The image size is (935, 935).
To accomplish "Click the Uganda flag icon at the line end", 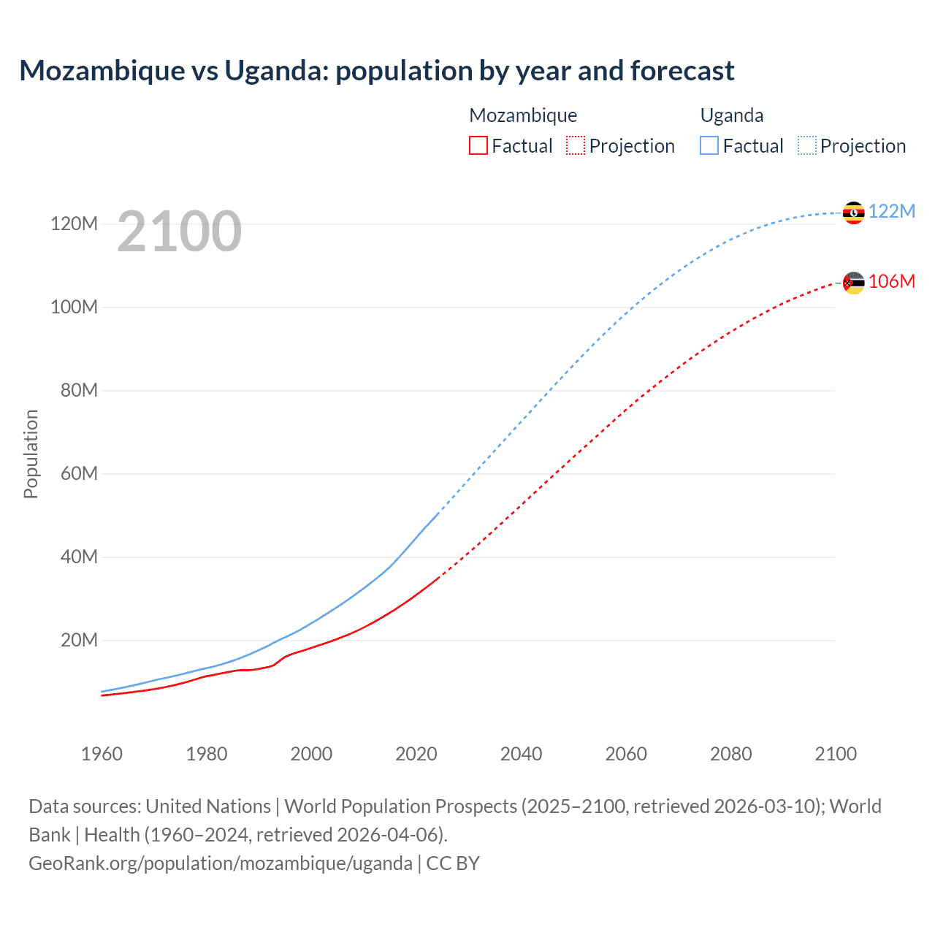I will (x=853, y=213).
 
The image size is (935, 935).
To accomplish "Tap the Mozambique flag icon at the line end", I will (x=853, y=283).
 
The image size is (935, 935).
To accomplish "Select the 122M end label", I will (x=891, y=211).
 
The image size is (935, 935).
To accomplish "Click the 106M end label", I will (x=891, y=281).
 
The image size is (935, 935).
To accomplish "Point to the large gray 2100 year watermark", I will (x=179, y=232).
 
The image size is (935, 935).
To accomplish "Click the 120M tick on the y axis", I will (x=74, y=224).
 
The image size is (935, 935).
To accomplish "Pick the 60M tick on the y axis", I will (x=79, y=473).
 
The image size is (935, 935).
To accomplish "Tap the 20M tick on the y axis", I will (x=79, y=640).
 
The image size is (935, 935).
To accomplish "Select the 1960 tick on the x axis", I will (x=102, y=754).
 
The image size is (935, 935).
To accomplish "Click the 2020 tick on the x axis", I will (x=416, y=754).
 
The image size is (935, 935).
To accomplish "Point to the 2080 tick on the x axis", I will (x=730, y=754).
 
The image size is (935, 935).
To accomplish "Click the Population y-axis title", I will (x=31, y=454).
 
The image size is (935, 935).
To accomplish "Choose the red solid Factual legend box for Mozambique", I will (x=478, y=145).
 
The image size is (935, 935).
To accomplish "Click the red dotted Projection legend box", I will (x=576, y=145).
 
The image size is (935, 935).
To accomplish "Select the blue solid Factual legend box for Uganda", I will (x=709, y=145).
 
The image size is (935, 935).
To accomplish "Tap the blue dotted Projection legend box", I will (x=807, y=145).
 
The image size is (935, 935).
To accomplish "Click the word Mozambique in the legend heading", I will (x=523, y=115).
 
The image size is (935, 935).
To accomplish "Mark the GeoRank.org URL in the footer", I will (x=221, y=863).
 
